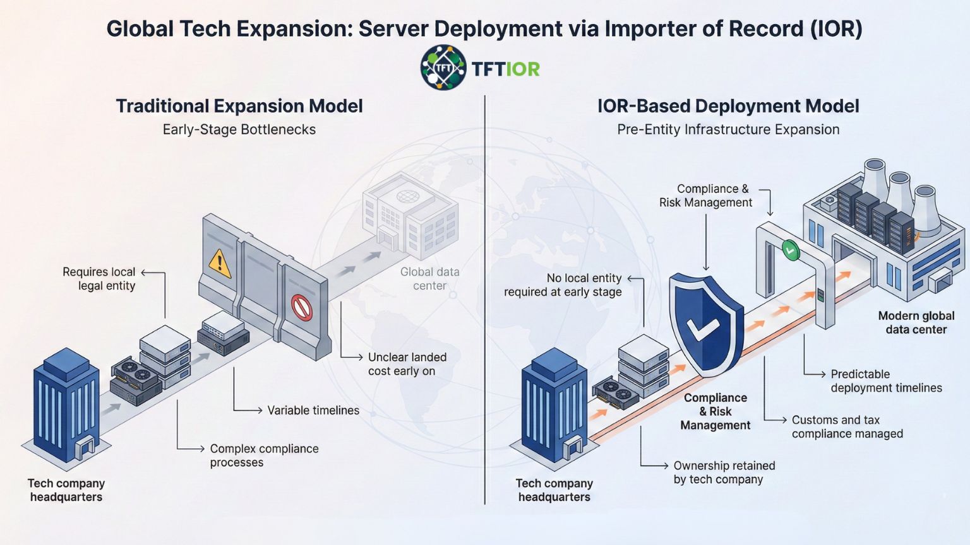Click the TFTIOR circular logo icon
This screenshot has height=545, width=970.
[x=443, y=67]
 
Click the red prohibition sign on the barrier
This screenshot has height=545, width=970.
[x=302, y=308]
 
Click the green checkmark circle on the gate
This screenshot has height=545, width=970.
[x=790, y=250]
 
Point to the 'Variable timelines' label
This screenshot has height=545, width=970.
[x=313, y=411]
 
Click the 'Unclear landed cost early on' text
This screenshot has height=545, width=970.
[x=407, y=364]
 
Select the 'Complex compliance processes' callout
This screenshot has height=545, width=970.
[x=264, y=455]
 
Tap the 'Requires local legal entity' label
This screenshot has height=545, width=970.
[x=99, y=279]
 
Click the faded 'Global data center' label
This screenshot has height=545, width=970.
[x=429, y=279]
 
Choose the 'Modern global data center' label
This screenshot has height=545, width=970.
[x=916, y=322]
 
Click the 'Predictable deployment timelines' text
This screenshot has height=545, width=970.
[x=885, y=381]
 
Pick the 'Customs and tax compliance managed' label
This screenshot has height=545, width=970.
[x=847, y=427]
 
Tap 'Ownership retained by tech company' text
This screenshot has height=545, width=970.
[x=724, y=472]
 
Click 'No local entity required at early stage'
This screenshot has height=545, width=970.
[x=563, y=285]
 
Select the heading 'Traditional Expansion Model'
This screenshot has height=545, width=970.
[x=239, y=106]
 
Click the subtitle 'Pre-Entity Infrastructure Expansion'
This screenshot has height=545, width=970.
[x=728, y=129]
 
